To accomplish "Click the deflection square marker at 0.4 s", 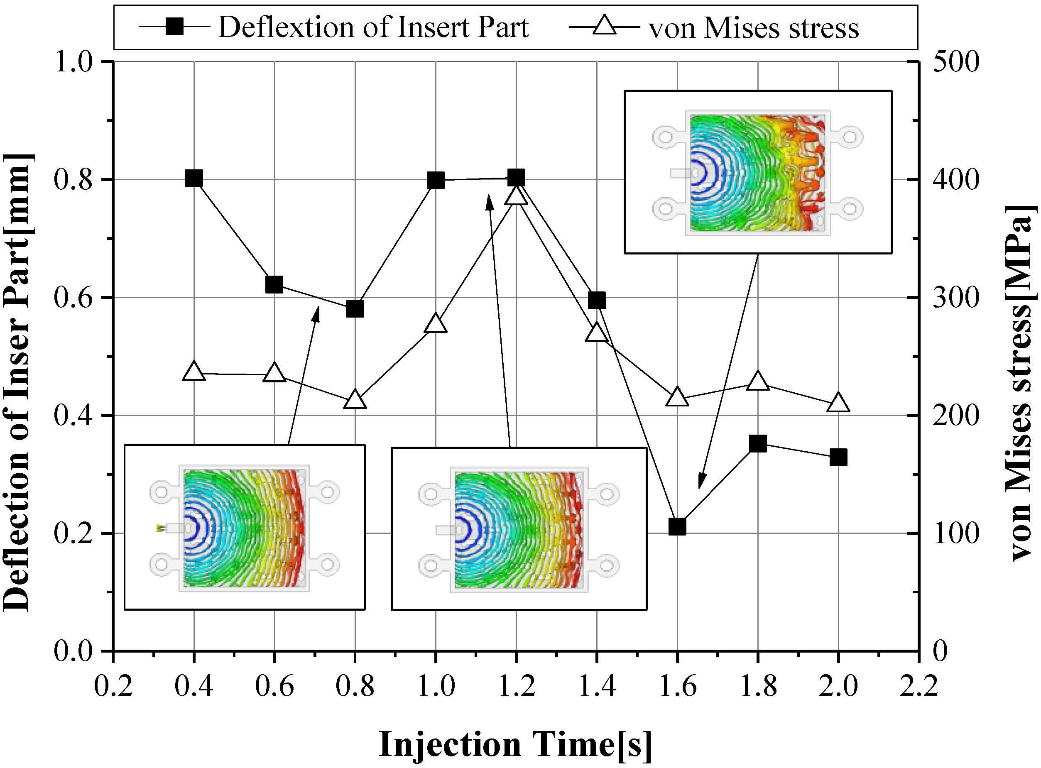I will tap(194, 178).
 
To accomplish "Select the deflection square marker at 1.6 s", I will tap(677, 527).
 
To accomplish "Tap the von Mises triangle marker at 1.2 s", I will tap(516, 196).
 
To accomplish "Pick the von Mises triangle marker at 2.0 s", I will tap(838, 403).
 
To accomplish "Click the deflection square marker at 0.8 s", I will tap(355, 309).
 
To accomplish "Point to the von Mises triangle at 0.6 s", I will tap(274, 373).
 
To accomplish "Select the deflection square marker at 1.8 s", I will tap(758, 443).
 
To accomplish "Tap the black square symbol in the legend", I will tap(175, 27).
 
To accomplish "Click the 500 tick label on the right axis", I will tap(956, 62).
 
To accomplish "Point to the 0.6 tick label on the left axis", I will tap(73, 298).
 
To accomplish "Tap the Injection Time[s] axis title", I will tap(515, 744).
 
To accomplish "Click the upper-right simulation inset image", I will tap(757, 172).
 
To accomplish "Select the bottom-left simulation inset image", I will tap(245, 527).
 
